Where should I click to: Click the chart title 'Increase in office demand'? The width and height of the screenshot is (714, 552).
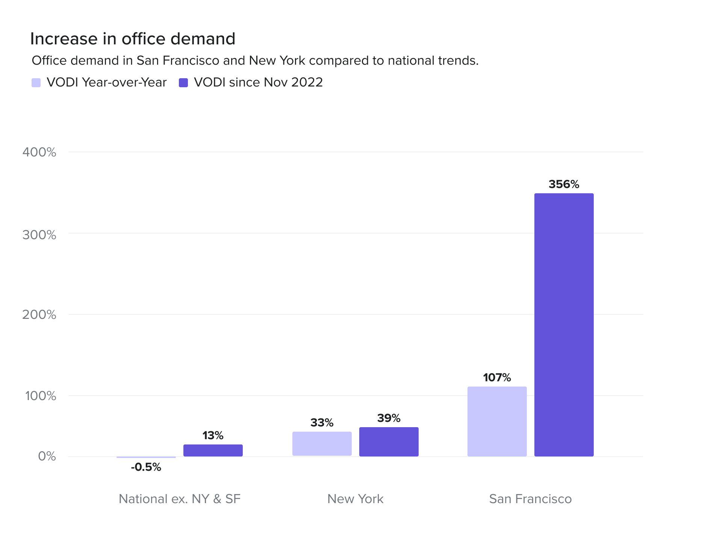[133, 39]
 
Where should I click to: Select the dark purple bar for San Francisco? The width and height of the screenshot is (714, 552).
[564, 325]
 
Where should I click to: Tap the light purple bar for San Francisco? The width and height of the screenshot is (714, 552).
[497, 422]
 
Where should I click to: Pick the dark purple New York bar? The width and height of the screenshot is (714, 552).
[389, 442]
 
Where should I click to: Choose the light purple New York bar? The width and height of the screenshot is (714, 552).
[322, 444]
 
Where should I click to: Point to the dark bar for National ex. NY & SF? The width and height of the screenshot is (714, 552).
[213, 450]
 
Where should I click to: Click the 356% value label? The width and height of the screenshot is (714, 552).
[564, 184]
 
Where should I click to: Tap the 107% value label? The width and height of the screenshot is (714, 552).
[497, 378]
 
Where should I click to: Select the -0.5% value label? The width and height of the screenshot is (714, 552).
[146, 467]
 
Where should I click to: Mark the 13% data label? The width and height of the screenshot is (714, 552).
[213, 435]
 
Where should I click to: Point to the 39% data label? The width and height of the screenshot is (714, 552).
[389, 418]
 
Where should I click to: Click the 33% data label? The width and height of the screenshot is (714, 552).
[322, 423]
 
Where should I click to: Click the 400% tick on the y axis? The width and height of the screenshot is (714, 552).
[39, 152]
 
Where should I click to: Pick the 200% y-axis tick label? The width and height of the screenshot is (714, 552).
[39, 315]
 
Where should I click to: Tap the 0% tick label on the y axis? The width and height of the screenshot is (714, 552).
[47, 456]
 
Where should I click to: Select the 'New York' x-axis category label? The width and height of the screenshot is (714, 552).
[355, 499]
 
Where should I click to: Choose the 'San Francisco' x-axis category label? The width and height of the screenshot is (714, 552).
[530, 499]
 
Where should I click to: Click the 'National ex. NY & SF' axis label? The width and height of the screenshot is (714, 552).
[180, 499]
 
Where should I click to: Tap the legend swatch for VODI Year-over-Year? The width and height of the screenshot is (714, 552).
[36, 83]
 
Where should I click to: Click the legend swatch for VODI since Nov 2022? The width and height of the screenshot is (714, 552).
[183, 83]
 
